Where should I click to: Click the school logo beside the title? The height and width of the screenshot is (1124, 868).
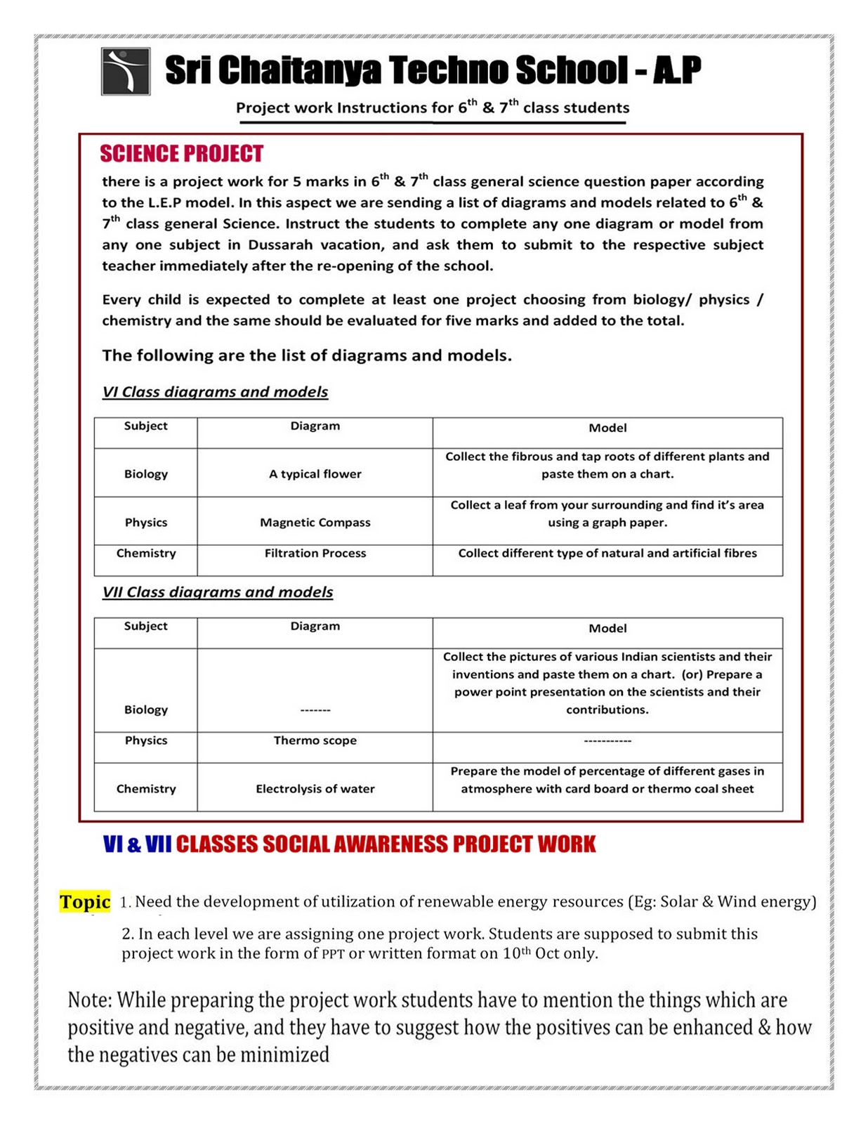tap(125, 71)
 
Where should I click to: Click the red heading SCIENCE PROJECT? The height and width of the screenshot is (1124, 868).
tap(181, 154)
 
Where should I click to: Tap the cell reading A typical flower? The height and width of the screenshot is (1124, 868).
tap(315, 474)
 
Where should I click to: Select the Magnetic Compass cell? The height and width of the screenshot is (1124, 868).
tap(315, 523)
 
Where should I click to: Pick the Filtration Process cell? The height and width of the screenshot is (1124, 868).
tap(315, 554)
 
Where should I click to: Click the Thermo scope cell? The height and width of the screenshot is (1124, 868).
tap(315, 740)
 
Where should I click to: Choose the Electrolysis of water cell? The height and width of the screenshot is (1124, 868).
tap(315, 789)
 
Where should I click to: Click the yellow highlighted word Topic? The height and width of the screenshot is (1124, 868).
tap(85, 902)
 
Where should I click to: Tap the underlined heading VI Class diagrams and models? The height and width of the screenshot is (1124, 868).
tap(215, 392)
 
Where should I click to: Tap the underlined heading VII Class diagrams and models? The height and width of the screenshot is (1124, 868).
tap(218, 592)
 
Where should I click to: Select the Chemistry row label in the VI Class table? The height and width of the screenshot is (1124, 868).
tap(146, 554)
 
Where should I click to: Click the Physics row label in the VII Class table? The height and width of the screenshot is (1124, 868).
tap(146, 740)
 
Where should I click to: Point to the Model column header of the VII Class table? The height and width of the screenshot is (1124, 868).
tap(607, 629)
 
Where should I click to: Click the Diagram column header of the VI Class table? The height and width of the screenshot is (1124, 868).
tap(315, 426)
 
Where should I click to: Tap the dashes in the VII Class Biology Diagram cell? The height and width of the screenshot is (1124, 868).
tap(315, 710)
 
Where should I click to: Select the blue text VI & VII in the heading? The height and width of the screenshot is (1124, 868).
tap(137, 844)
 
